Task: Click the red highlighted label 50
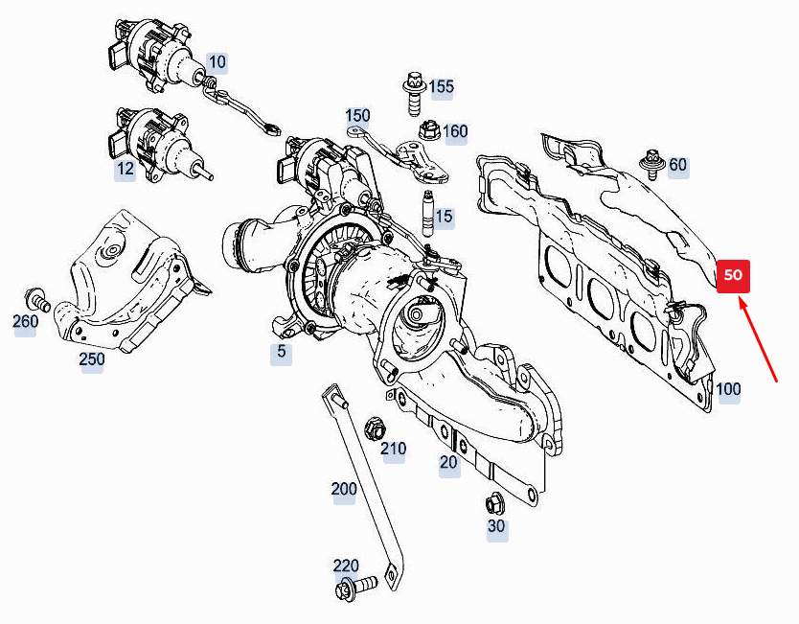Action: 733,275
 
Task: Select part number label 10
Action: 217,63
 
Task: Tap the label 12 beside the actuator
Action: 126,170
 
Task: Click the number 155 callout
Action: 441,87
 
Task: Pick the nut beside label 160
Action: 427,127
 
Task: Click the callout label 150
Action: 357,116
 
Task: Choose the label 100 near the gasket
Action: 728,389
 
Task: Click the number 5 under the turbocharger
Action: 281,352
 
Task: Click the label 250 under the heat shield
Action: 92,359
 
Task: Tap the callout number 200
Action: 344,490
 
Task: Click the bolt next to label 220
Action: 353,587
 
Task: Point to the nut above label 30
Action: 495,501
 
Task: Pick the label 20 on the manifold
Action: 448,463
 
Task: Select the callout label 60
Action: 677,165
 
